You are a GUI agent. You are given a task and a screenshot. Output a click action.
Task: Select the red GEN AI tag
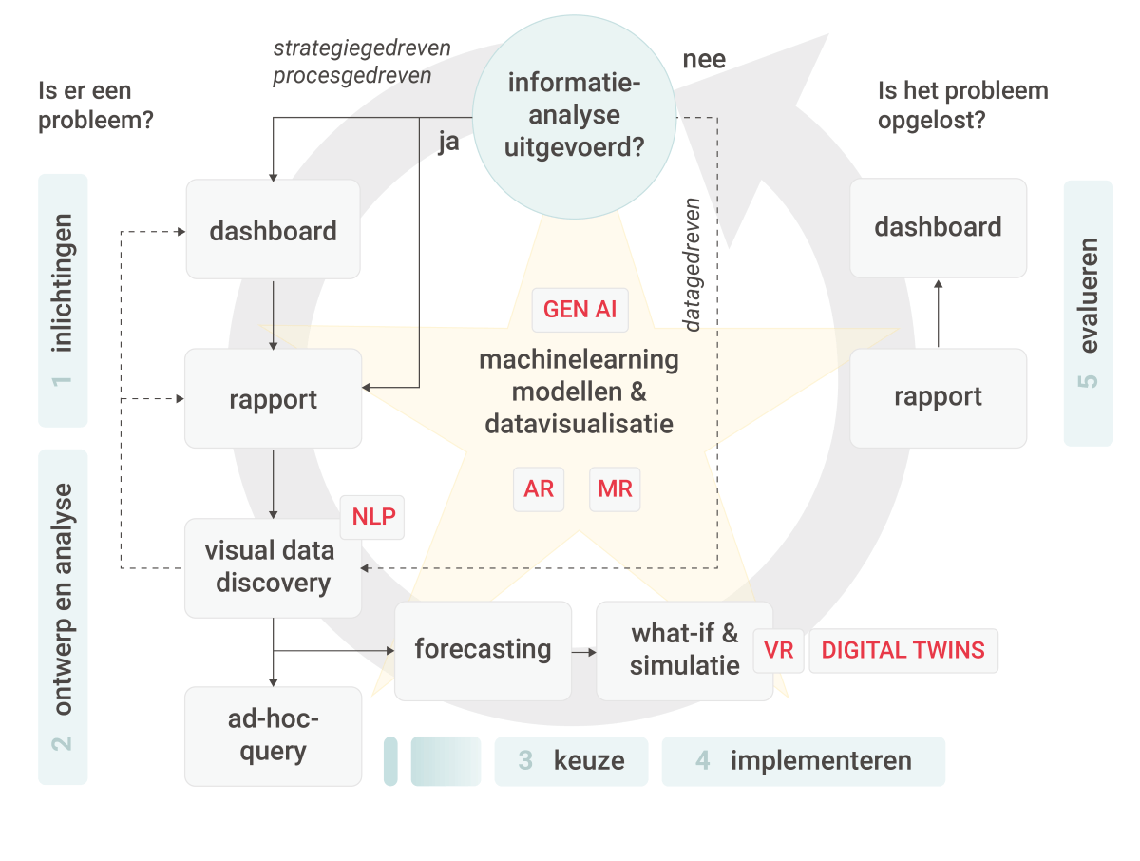coord(579,310)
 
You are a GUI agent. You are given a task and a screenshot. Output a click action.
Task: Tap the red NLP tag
coord(372,517)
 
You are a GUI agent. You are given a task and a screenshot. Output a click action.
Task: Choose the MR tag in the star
coord(615,490)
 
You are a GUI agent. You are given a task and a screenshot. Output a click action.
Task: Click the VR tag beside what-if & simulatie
coord(778,651)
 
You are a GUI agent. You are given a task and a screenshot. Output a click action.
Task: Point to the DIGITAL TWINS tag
coord(902,651)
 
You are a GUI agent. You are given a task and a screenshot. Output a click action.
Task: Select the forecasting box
coord(483,650)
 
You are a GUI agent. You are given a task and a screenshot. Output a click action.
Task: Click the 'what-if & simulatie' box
coord(684,650)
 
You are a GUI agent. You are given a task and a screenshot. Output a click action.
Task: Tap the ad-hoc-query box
coord(273,736)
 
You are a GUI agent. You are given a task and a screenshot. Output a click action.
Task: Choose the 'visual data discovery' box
coord(273,567)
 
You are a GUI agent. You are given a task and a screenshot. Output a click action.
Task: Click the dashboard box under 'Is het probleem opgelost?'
coord(938,228)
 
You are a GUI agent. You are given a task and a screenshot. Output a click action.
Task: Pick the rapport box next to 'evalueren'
coord(938,397)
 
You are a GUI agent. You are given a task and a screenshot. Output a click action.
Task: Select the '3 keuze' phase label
coord(571,761)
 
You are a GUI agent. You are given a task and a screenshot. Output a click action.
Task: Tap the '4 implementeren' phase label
coord(804,761)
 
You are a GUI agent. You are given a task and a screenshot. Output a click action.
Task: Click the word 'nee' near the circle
coord(704,60)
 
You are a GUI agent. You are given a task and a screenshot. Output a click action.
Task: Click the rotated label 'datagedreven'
coord(693,264)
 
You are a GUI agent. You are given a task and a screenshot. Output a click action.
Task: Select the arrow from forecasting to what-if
coord(584,652)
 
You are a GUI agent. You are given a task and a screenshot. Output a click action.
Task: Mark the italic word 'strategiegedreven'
coord(361,48)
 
